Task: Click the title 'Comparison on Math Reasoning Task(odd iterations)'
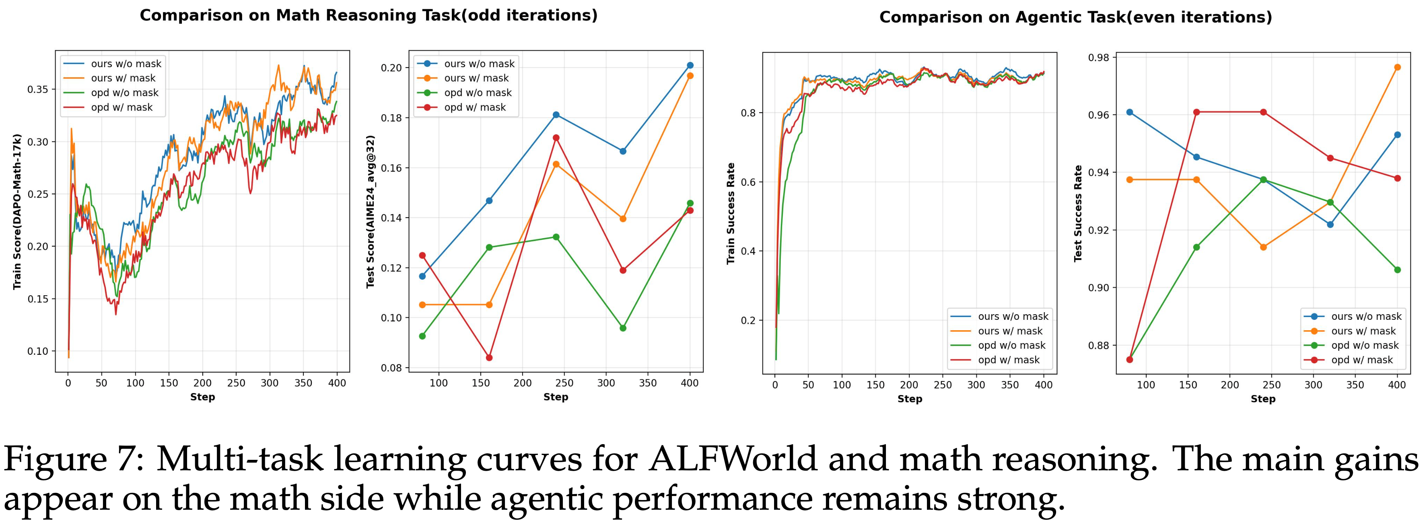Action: (x=369, y=15)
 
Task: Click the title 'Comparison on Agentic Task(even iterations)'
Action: (x=1075, y=18)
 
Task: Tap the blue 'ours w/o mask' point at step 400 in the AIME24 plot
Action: (x=690, y=65)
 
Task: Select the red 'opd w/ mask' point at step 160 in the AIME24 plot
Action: (x=489, y=358)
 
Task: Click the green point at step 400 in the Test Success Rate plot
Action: (x=1397, y=270)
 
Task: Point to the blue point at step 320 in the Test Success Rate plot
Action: (x=1330, y=224)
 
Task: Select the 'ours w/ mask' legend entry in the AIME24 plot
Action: (x=476, y=78)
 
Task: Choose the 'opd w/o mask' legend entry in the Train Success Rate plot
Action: (x=1012, y=346)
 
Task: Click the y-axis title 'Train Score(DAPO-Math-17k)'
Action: (x=17, y=211)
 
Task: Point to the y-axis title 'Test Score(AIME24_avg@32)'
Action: (x=371, y=211)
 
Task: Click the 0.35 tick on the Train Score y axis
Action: (x=38, y=90)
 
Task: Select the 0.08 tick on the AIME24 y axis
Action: (x=392, y=368)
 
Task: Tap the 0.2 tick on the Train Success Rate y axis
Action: (x=748, y=321)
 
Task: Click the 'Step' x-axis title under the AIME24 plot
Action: (x=555, y=397)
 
